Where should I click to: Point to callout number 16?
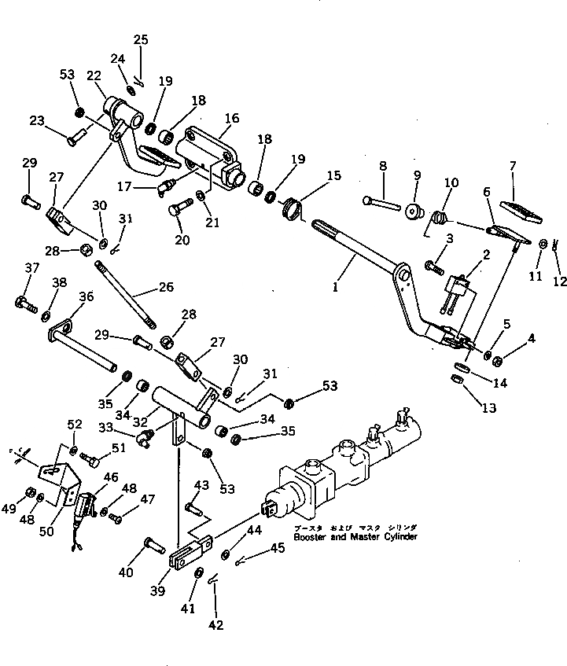232,119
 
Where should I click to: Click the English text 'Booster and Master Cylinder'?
355,537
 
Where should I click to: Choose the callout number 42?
215,625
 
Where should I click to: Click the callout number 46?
111,477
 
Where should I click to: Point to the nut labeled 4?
498,360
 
